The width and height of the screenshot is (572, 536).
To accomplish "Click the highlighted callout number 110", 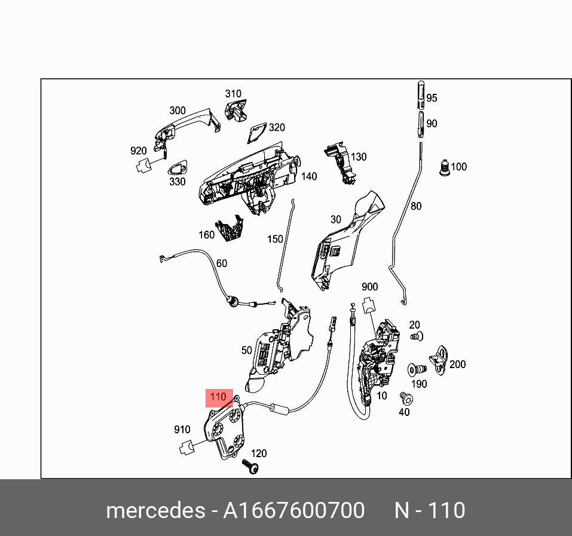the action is tap(219, 397).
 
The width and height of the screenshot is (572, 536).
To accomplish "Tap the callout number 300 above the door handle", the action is tap(178, 111).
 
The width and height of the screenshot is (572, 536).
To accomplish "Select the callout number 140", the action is tap(309, 176).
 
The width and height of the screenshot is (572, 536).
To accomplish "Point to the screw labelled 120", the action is tap(252, 467).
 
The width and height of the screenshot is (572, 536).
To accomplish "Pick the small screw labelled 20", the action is tap(416, 337).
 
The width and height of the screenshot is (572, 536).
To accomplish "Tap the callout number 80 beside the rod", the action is tap(416, 206).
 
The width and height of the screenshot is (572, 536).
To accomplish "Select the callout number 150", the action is tap(275, 239).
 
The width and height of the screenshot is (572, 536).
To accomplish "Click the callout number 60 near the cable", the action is tap(221, 263).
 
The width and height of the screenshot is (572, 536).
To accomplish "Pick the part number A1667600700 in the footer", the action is tap(293, 511).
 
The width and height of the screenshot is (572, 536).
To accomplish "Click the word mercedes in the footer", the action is tap(155, 511).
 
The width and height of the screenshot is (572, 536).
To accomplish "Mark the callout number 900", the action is tap(370, 287).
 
